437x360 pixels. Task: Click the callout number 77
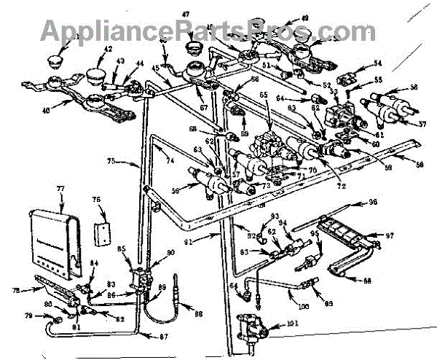point(61,189)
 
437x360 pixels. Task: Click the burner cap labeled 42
point(95,75)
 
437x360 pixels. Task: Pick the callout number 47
point(185,14)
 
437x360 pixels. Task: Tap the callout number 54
point(377,63)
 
